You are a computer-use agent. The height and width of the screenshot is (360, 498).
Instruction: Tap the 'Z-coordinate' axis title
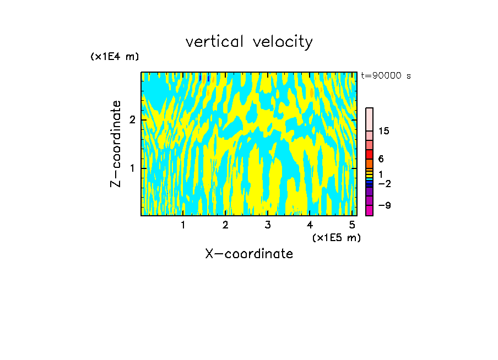[116, 144]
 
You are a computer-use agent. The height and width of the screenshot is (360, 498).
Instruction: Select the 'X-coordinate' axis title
[249, 254]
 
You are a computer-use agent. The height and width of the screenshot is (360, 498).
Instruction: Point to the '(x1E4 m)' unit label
[115, 57]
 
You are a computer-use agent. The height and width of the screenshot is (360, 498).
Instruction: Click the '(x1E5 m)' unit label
[336, 237]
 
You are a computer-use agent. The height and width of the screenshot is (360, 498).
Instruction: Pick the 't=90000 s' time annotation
[386, 76]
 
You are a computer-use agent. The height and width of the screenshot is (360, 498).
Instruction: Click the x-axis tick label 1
[183, 225]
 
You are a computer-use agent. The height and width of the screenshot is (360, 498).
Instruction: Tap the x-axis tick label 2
[225, 225]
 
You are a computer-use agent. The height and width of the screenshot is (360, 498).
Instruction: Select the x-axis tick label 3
[267, 225]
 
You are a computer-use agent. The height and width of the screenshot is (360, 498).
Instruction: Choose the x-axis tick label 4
[310, 225]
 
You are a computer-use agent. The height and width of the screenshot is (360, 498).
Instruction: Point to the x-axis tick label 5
[351, 225]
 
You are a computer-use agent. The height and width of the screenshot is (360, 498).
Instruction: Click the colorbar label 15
[384, 131]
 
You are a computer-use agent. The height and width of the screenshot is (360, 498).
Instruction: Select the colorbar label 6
[381, 159]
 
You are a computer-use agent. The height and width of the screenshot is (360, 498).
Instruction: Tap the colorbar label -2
[384, 183]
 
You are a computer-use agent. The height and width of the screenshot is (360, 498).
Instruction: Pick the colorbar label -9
[384, 205]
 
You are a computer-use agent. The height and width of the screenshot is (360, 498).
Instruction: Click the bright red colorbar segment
[369, 154]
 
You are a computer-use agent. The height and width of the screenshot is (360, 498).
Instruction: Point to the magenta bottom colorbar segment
[369, 210]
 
